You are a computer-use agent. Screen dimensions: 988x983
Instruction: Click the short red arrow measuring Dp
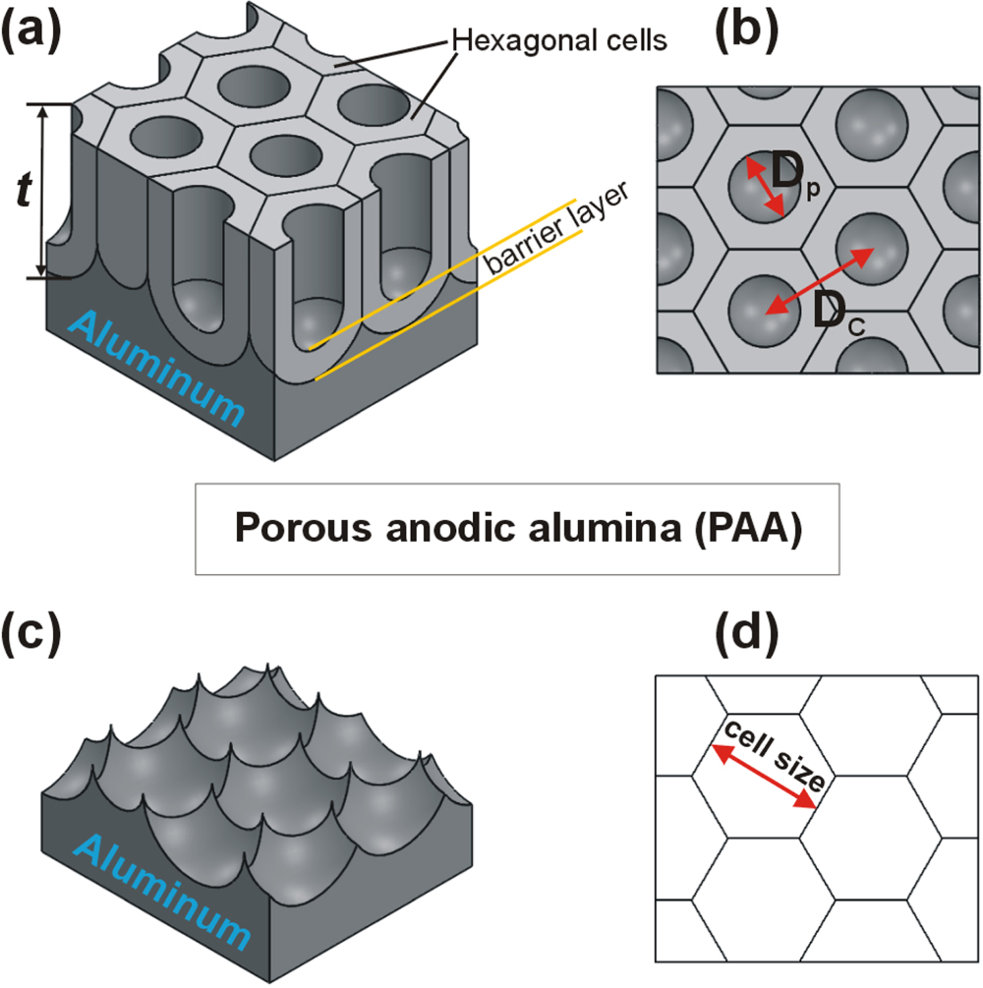click(x=764, y=187)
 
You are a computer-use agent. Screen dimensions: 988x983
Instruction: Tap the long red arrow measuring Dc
click(x=820, y=281)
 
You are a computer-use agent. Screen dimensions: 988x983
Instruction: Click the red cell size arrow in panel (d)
click(x=764, y=777)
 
